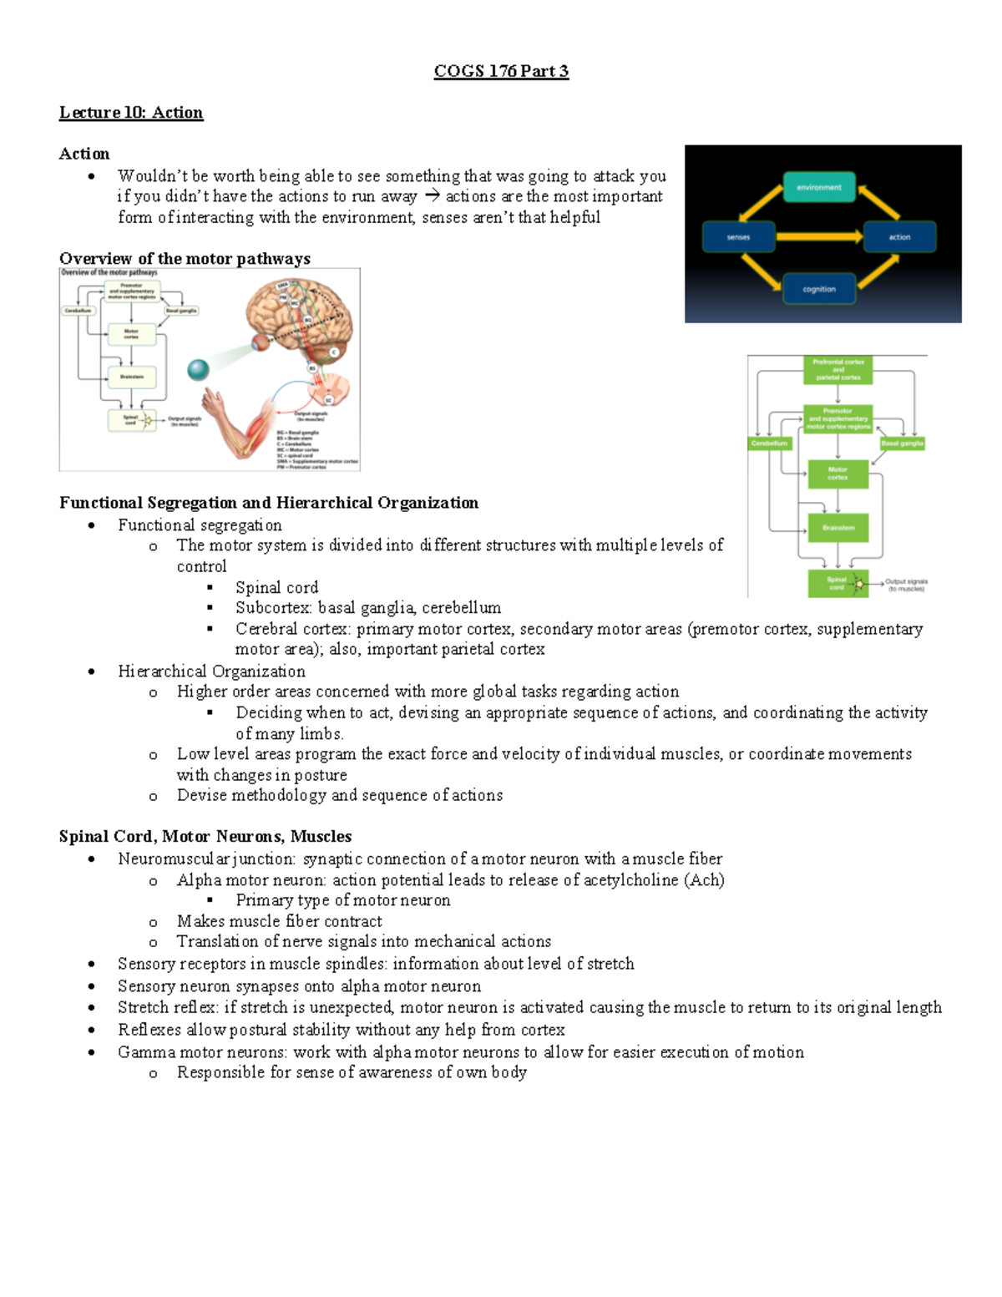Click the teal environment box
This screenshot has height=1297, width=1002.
click(x=818, y=187)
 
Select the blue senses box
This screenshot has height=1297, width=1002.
click(x=738, y=237)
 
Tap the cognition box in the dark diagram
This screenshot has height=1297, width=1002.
click(x=818, y=289)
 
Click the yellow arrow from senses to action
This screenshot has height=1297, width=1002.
click(x=818, y=237)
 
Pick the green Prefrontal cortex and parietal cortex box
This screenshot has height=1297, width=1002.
click(x=838, y=369)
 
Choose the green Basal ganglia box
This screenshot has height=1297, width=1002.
click(x=902, y=443)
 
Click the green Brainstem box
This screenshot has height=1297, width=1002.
click(x=838, y=528)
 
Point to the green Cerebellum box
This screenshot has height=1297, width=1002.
click(x=769, y=443)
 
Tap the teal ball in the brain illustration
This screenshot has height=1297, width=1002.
click(x=198, y=369)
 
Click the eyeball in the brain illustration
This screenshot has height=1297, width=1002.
click(x=261, y=341)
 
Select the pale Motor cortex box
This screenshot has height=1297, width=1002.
click(x=131, y=333)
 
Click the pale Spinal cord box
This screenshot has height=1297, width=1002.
click(x=130, y=419)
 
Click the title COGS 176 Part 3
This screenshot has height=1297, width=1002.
click(x=501, y=71)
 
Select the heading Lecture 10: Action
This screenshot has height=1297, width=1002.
click(x=131, y=113)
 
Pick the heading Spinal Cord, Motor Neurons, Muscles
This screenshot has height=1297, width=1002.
click(x=205, y=837)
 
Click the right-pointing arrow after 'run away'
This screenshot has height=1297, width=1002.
click(x=432, y=196)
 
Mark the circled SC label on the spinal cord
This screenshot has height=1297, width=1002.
click(x=329, y=400)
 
